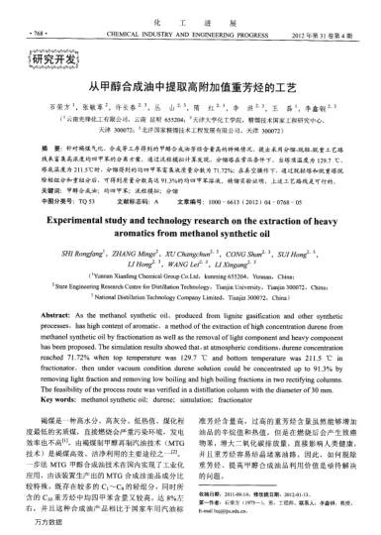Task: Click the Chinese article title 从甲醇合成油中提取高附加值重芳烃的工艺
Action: tap(190, 89)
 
